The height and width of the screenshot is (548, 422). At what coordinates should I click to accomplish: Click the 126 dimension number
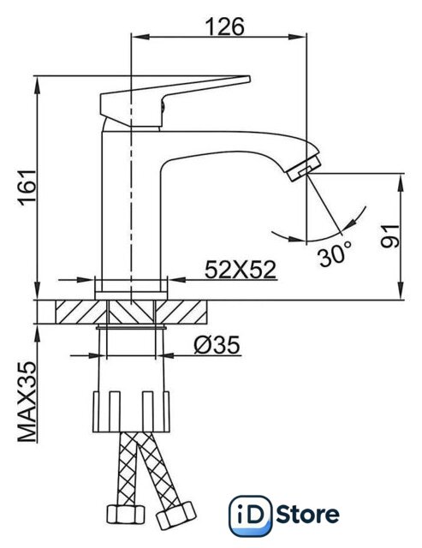(x=224, y=27)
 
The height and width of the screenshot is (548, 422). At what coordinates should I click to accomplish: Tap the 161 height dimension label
(x=28, y=187)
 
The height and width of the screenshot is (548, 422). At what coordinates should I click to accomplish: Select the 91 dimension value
(x=389, y=236)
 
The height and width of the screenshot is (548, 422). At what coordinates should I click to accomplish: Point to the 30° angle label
(x=335, y=254)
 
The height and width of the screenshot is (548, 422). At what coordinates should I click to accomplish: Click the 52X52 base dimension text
(x=241, y=270)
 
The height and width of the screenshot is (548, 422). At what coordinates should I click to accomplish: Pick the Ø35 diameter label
(x=217, y=344)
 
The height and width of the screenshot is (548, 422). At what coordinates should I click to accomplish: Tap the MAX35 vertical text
(x=27, y=402)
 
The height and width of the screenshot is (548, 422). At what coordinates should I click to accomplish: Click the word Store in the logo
(x=307, y=515)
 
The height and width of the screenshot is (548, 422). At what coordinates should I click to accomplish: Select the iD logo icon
(x=251, y=515)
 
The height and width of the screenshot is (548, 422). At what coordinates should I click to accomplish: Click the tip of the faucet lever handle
(x=249, y=79)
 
